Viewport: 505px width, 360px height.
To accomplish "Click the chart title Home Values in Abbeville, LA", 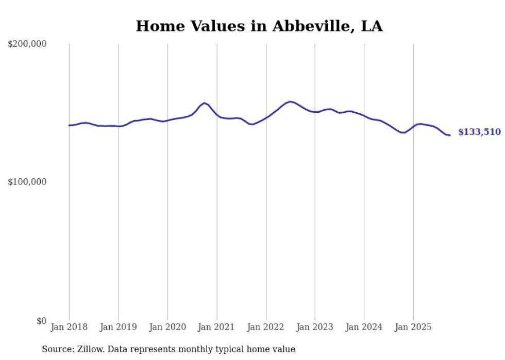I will tap(259, 26).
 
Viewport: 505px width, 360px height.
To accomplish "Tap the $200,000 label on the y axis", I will tap(27, 44).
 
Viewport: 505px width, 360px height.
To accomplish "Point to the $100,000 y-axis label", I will tap(27, 182).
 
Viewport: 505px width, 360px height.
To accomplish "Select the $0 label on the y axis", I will tap(40, 321).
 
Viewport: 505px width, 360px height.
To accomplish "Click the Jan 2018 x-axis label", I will tap(69, 327).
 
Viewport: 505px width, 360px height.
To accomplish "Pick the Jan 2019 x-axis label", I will tap(119, 327).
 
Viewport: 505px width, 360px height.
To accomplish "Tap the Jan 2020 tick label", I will tap(167, 327).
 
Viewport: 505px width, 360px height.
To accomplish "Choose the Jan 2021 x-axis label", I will tap(217, 327).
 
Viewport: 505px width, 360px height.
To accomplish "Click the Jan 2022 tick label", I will tap(266, 327).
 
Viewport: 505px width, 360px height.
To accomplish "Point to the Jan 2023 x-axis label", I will tap(315, 327).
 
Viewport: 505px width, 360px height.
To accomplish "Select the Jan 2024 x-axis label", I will tap(364, 327).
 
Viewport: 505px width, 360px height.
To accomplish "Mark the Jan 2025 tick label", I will tap(413, 327).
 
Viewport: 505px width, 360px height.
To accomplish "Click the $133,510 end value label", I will tap(479, 132).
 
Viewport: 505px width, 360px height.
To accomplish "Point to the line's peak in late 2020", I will tap(205, 103).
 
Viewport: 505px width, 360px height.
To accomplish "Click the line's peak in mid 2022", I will tap(290, 101).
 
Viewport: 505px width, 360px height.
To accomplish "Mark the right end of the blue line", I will tap(450, 135).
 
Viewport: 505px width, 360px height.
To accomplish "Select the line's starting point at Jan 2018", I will tap(69, 125).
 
